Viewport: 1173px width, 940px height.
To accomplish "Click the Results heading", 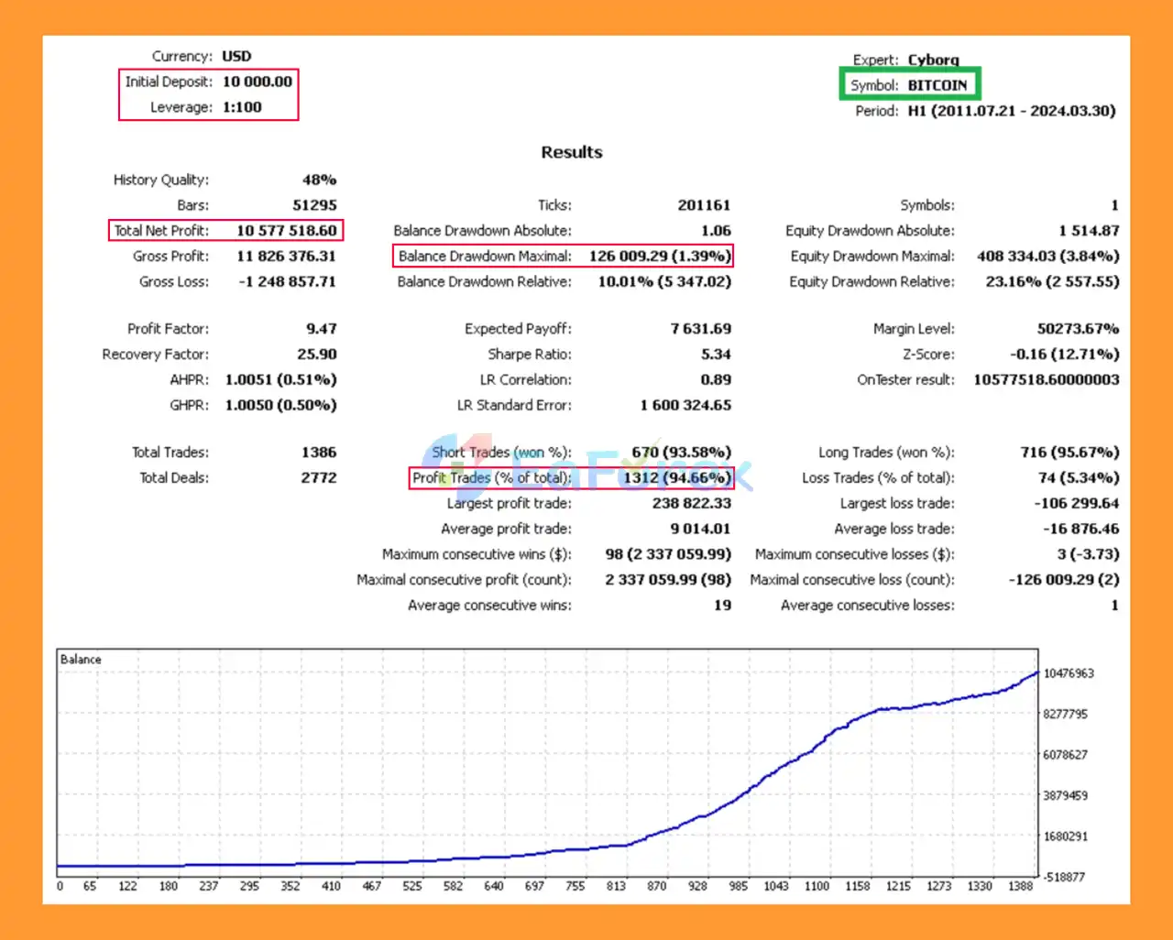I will click(x=571, y=152).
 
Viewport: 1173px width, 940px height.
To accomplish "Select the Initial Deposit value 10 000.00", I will click(x=258, y=82).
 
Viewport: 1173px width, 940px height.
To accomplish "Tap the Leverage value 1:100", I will click(x=242, y=107).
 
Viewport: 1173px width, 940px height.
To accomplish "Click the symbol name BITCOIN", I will click(x=937, y=85).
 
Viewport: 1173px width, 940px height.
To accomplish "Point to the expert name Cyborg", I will click(x=933, y=60).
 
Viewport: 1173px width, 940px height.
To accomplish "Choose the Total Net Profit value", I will click(x=286, y=231).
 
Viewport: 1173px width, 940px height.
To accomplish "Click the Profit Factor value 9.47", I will click(x=321, y=329).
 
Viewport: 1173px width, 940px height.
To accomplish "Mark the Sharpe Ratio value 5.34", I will click(x=716, y=355).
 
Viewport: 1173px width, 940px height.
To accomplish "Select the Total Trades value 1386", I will click(x=318, y=453).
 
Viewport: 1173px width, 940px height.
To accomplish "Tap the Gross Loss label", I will click(x=173, y=282).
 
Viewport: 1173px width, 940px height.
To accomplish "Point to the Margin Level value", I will click(x=1070, y=329).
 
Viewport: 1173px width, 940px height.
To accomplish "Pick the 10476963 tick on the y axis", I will click(x=1069, y=673).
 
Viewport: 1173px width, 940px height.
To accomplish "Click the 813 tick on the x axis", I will click(x=616, y=886).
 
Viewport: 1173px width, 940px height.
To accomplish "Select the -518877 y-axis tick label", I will click(x=1064, y=877).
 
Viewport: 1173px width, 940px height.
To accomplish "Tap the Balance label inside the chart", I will click(x=81, y=660).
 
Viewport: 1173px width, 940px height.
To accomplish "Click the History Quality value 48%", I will click(x=319, y=180).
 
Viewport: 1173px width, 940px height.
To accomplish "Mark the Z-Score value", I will click(x=1064, y=355).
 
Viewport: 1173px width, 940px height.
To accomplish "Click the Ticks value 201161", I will click(x=704, y=205).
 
